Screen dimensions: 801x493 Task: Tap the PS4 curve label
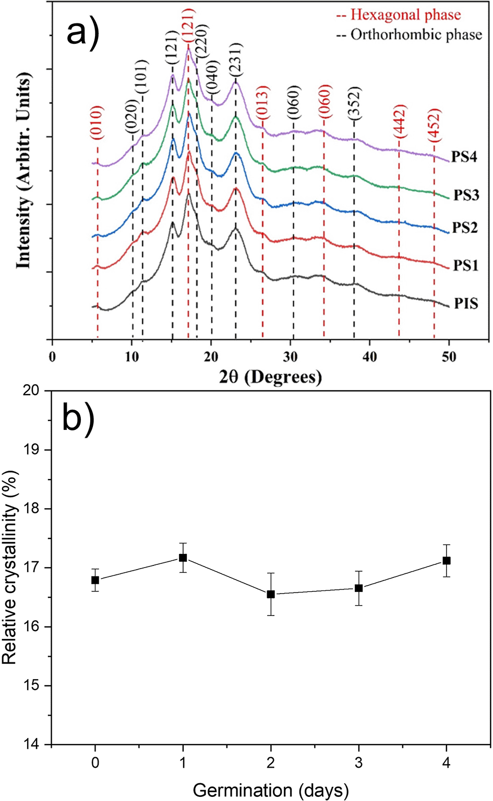[464, 156]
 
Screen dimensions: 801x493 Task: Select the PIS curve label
[466, 303]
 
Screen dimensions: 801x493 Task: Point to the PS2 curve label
[465, 228]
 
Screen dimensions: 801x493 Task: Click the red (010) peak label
[97, 123]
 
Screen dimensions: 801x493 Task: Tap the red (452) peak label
[434, 126]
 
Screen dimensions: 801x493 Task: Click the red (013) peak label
[262, 102]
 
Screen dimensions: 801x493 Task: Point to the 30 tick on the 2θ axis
[291, 357]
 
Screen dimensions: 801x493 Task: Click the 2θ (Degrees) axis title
[270, 376]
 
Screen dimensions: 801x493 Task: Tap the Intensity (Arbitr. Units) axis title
[23, 171]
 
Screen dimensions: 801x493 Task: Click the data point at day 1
[183, 558]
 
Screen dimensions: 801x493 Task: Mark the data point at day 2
[271, 594]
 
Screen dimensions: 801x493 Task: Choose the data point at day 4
[447, 560]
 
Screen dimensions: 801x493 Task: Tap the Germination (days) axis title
[270, 790]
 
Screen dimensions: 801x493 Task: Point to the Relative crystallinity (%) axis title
[10, 567]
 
